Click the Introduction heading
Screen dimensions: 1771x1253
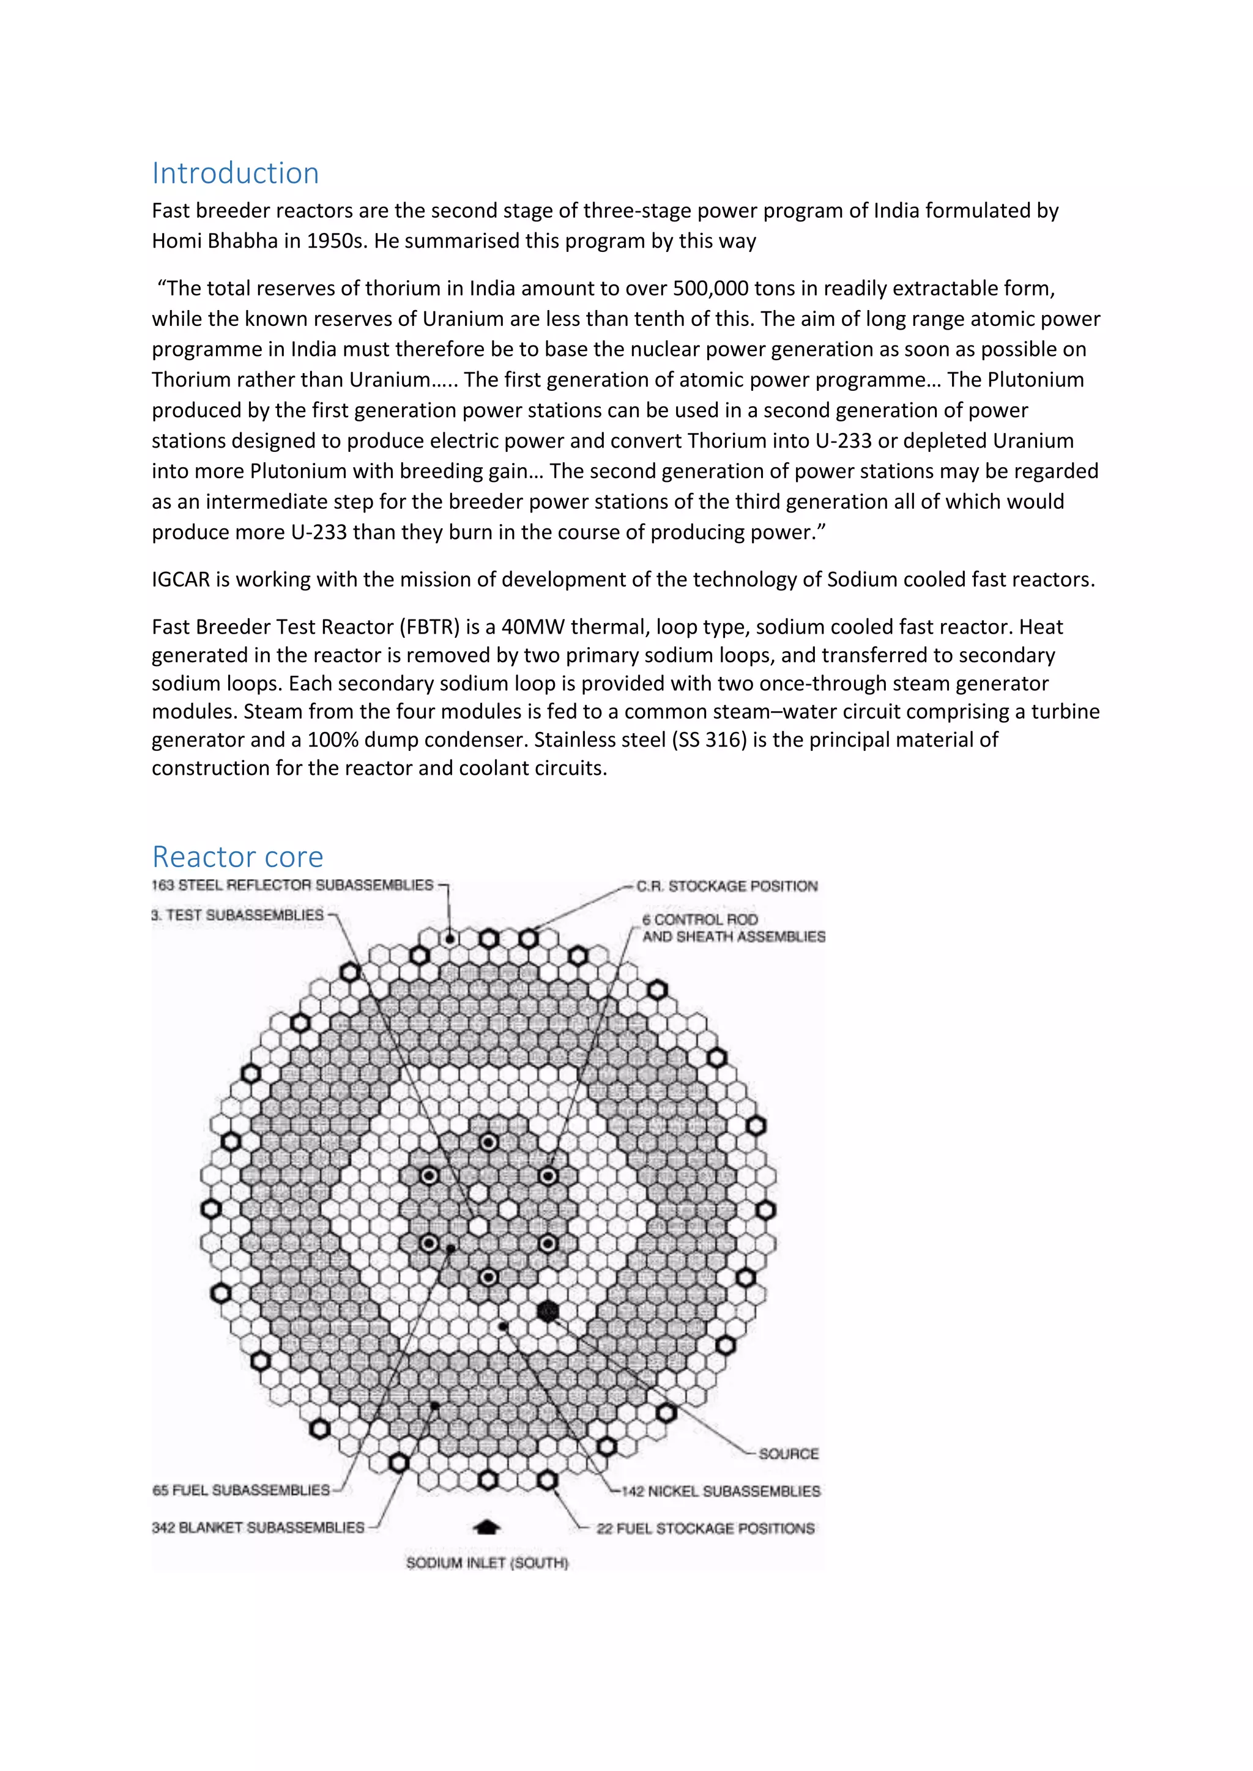point(236,174)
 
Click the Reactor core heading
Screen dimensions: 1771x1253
point(237,857)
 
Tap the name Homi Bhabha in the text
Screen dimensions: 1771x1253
point(215,242)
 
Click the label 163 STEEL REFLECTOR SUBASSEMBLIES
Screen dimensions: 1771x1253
point(292,885)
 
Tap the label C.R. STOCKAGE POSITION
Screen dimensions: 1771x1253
point(727,886)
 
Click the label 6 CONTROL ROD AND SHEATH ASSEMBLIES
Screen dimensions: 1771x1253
point(733,928)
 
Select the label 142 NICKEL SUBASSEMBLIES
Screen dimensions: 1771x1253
point(721,1491)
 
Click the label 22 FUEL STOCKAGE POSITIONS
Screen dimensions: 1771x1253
point(705,1528)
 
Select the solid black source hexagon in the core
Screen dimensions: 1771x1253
point(547,1311)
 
